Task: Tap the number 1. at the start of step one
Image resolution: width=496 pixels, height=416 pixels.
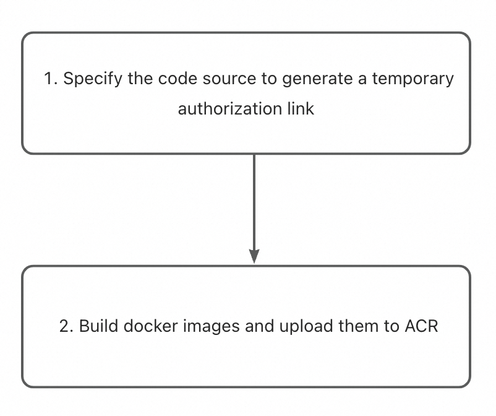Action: coord(51,79)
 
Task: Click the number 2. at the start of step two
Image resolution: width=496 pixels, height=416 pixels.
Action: coord(66,326)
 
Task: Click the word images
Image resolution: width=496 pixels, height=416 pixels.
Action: coord(202,326)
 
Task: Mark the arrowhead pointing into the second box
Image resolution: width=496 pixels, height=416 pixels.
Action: coord(254,256)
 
